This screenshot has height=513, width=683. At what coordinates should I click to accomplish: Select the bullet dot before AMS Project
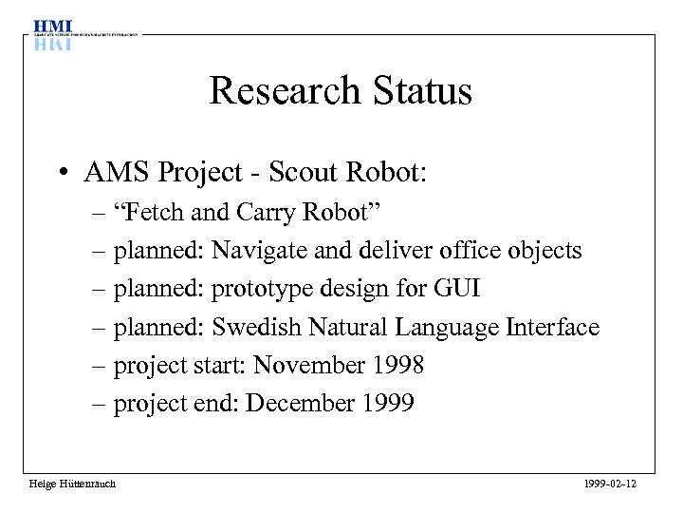(x=60, y=174)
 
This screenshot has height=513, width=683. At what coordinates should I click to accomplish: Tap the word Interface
(x=553, y=328)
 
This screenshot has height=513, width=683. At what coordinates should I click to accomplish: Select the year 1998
(x=397, y=366)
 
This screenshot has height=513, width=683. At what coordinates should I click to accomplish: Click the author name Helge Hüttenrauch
(x=72, y=484)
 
